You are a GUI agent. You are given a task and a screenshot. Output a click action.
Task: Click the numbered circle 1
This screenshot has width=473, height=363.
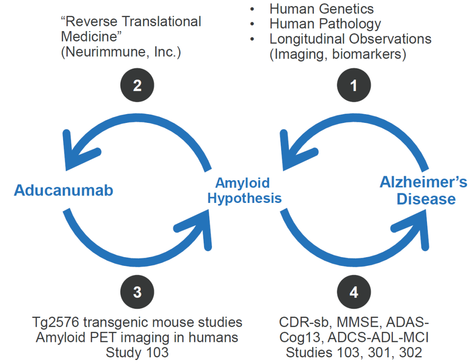[x=354, y=85]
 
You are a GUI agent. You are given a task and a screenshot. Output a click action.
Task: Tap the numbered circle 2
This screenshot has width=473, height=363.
[x=137, y=85]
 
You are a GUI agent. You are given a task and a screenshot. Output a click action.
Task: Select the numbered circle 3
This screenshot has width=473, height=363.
[x=137, y=292]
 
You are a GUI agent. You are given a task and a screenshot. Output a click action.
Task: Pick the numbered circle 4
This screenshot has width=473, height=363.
[x=354, y=292]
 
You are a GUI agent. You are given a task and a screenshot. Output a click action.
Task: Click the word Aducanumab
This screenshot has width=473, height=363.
[x=64, y=190]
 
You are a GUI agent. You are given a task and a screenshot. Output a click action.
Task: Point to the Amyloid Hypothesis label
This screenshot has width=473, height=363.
[x=244, y=191]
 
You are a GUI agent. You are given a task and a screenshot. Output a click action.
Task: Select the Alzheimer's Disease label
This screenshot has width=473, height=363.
[x=424, y=190]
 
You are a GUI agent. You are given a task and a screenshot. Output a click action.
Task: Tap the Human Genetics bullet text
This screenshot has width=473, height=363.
[x=321, y=9]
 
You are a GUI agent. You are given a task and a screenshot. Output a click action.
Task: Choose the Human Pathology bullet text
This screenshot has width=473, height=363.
[x=325, y=24]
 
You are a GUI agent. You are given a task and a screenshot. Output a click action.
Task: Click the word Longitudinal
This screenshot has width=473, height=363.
[x=307, y=39]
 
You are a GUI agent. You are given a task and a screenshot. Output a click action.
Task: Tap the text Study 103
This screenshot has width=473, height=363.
[x=137, y=353]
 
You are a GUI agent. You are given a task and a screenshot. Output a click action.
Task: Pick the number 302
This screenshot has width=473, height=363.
[x=410, y=353]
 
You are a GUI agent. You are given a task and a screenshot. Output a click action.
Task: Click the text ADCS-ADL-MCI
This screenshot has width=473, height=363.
[x=378, y=337]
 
